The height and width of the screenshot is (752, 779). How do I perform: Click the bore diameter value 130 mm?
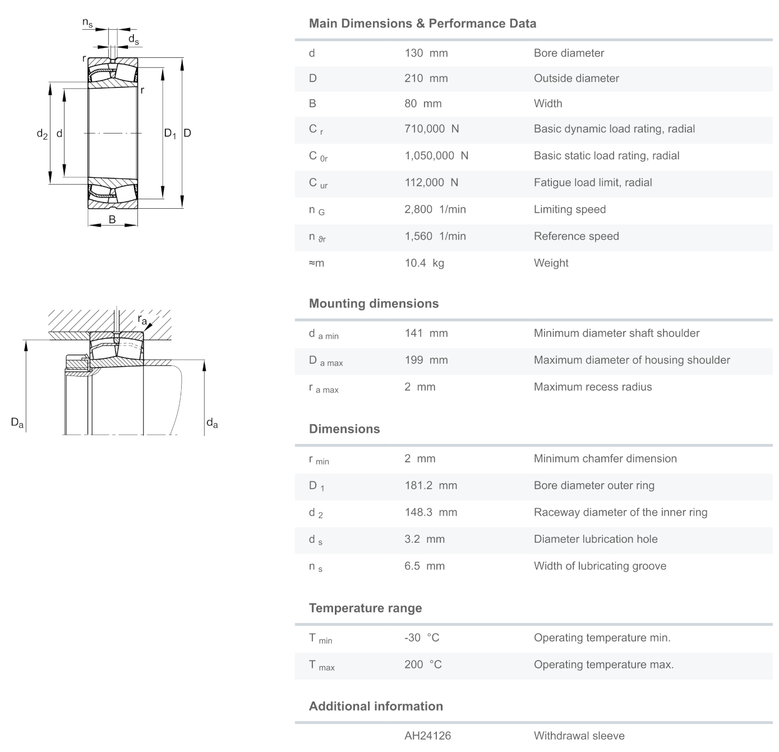tap(426, 53)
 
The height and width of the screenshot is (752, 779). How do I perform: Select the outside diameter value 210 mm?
tap(426, 79)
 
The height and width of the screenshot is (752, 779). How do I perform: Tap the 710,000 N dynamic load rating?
tap(431, 129)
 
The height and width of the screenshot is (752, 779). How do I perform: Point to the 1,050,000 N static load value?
tap(436, 156)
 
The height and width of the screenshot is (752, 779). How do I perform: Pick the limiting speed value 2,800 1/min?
tap(435, 209)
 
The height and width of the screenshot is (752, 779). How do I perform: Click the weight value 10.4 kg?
tap(424, 263)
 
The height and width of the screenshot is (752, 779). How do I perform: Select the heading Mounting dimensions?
tap(374, 304)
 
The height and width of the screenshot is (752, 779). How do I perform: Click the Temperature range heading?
tap(365, 608)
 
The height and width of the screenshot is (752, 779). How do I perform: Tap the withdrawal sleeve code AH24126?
tap(427, 736)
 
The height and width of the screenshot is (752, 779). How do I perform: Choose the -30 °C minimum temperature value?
tap(422, 638)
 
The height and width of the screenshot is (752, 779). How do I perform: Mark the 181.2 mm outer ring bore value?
tap(430, 486)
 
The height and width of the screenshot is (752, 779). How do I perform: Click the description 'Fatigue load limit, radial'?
tap(592, 183)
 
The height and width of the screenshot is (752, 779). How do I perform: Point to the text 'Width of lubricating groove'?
tap(600, 566)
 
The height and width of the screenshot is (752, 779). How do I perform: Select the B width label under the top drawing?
tap(112, 219)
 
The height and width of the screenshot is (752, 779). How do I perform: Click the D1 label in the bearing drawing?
tap(170, 134)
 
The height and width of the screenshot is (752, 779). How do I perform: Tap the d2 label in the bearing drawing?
tap(42, 134)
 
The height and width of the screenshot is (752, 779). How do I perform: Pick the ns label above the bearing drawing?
tap(87, 23)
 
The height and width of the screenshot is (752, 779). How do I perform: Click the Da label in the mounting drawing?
tap(17, 423)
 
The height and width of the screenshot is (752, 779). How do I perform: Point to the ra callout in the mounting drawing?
tap(142, 320)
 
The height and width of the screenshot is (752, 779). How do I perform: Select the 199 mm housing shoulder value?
tap(426, 360)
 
